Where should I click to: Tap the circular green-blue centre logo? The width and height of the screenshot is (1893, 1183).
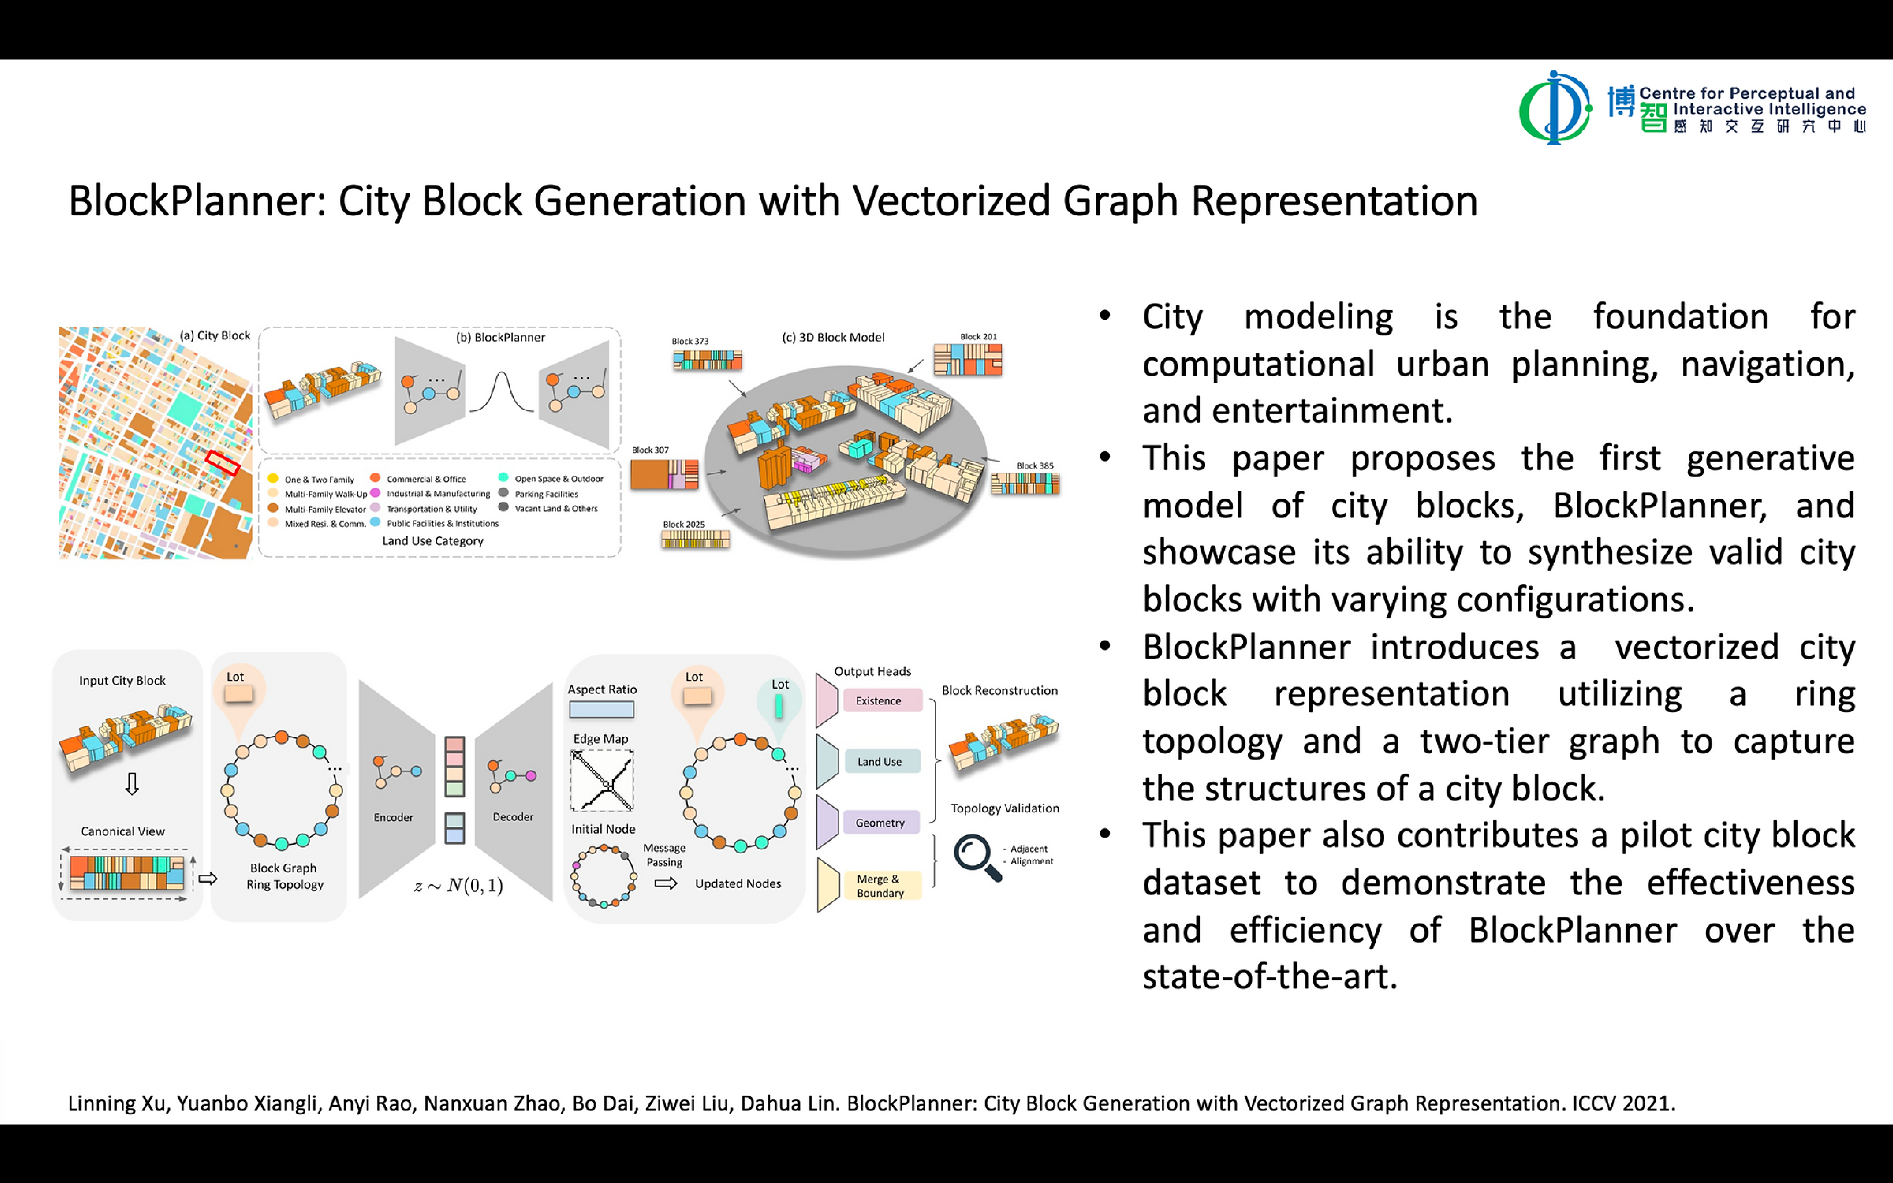pyautogui.click(x=1554, y=108)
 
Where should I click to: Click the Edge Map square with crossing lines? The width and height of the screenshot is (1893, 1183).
pyautogui.click(x=602, y=780)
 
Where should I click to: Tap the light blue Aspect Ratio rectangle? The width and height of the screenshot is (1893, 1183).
pyautogui.click(x=601, y=710)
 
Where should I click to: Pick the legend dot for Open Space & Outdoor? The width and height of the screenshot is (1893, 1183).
pyautogui.click(x=503, y=477)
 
